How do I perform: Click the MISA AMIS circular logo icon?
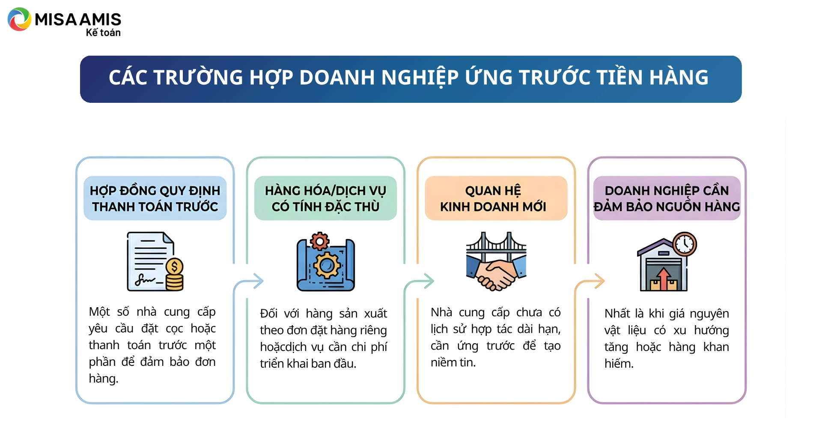pyautogui.click(x=20, y=19)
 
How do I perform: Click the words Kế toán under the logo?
pyautogui.click(x=103, y=33)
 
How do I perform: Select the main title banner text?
pyautogui.click(x=408, y=78)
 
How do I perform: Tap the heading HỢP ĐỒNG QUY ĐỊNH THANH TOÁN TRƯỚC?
pyautogui.click(x=155, y=198)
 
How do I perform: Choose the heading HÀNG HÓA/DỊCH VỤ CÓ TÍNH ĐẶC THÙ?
pyautogui.click(x=325, y=198)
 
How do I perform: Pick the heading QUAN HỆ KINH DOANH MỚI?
pyautogui.click(x=493, y=198)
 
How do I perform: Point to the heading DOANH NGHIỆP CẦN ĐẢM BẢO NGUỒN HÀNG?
pyautogui.click(x=667, y=198)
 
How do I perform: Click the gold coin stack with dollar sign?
pyautogui.click(x=174, y=274)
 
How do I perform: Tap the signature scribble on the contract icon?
pyautogui.click(x=145, y=281)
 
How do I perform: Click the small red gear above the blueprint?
pyautogui.click(x=319, y=241)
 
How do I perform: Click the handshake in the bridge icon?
pyautogui.click(x=496, y=274)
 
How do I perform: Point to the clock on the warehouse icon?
pyautogui.click(x=685, y=244)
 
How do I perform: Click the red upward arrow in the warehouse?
pyautogui.click(x=663, y=278)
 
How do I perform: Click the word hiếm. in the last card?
pyautogui.click(x=619, y=364)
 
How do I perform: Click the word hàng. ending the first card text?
pyautogui.click(x=104, y=379)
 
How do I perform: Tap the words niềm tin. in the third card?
pyautogui.click(x=453, y=362)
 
